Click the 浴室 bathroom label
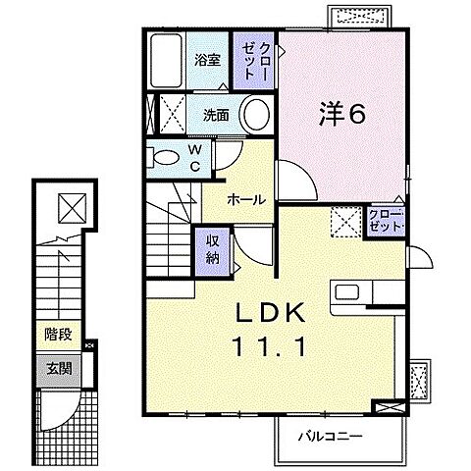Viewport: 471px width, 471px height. coord(207,60)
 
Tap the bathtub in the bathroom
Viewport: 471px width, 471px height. coord(166,60)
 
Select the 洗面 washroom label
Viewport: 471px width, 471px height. coord(216,115)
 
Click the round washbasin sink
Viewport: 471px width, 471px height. coord(256,114)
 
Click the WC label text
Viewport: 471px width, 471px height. coord(195,159)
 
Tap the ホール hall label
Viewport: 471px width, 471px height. coord(246,199)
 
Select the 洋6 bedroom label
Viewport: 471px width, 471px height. coord(341,114)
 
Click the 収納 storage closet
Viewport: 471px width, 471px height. coord(212,250)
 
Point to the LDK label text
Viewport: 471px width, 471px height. coord(271,312)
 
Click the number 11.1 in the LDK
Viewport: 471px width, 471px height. coord(269,346)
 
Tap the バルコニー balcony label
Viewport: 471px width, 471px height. coord(331,436)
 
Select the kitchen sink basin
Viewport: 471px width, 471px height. coord(347,292)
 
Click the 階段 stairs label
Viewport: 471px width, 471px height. coord(58,335)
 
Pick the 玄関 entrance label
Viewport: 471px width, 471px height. coord(59,369)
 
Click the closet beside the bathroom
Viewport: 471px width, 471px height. coord(253,60)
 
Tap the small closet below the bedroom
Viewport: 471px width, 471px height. coord(386,222)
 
